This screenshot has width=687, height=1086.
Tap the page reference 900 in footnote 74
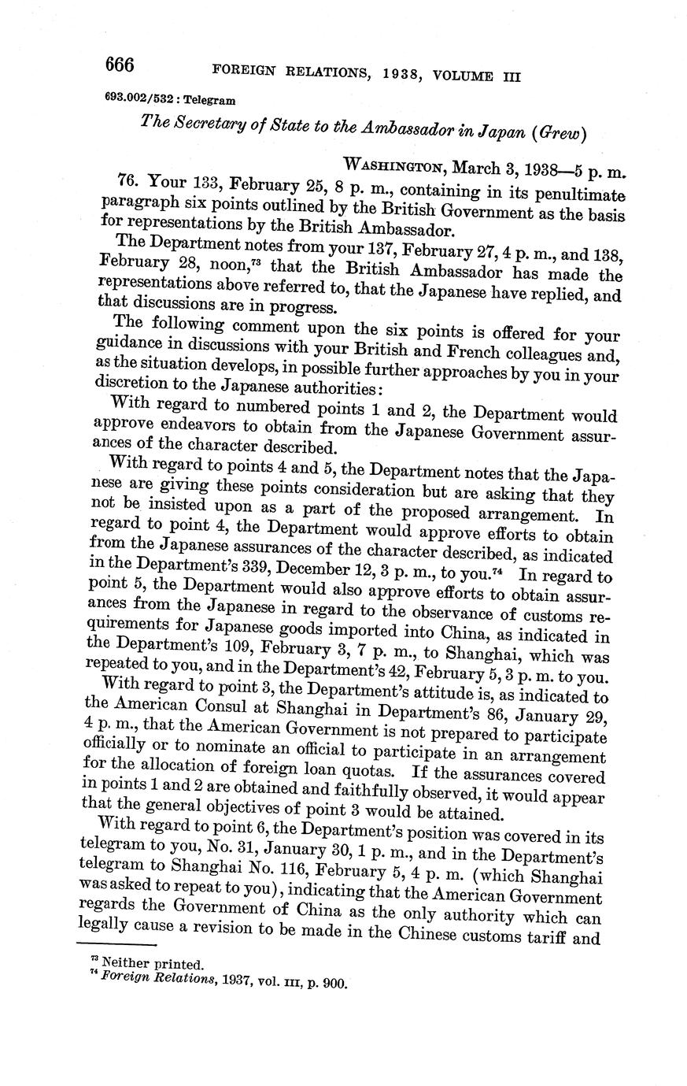tap(334, 983)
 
